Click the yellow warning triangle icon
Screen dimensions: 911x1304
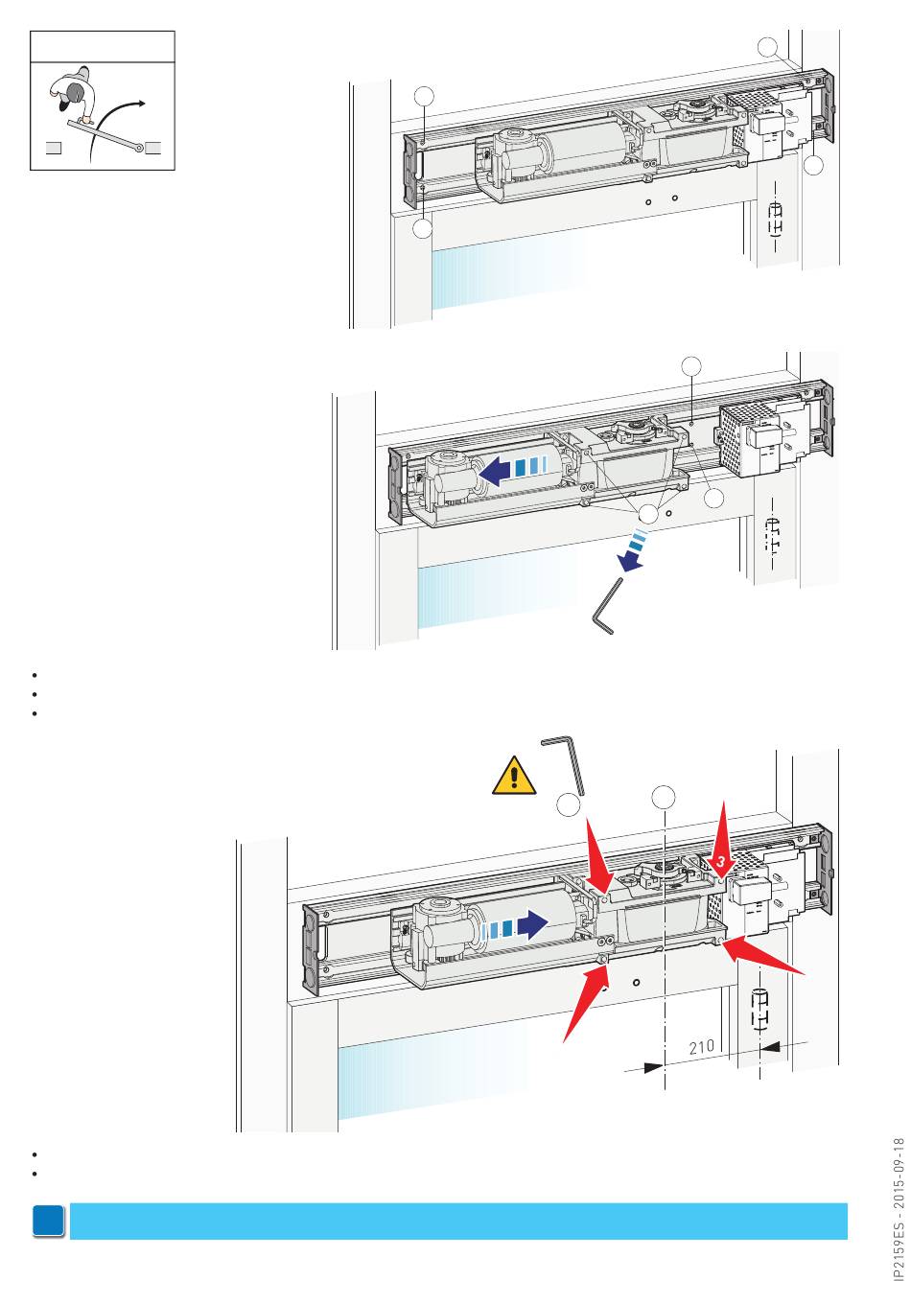point(513,777)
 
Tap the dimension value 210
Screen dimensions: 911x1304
point(700,1047)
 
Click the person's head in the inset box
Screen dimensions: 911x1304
point(75,92)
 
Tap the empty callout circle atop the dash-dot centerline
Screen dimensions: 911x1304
point(663,797)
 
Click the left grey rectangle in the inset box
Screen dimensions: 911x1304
point(54,148)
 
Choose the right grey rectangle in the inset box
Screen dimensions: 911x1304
point(152,148)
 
